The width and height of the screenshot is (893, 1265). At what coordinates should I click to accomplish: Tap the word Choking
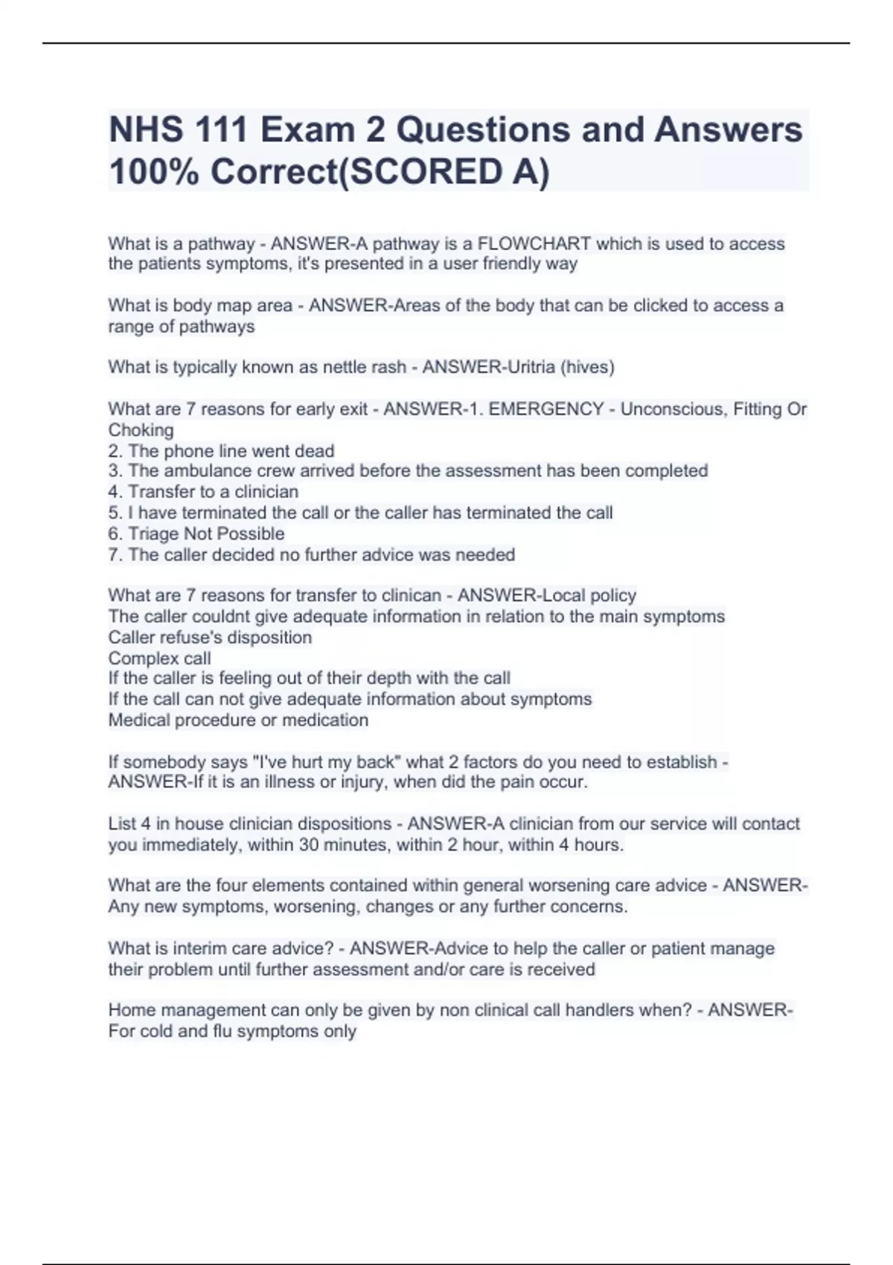(x=141, y=430)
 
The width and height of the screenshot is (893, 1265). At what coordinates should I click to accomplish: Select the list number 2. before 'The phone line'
(x=115, y=451)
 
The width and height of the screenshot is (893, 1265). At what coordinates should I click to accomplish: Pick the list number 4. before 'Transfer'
(x=115, y=492)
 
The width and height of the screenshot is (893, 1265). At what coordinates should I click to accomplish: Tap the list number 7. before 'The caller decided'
(x=115, y=554)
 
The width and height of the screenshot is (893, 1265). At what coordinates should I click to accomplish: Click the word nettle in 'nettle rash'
(x=345, y=367)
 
